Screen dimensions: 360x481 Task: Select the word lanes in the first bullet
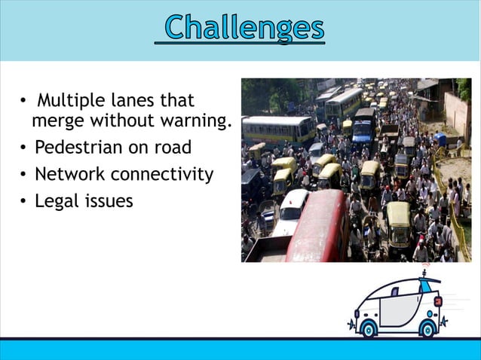[136, 100]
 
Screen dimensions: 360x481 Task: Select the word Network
[69, 175]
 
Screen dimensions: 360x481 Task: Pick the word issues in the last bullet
[108, 201]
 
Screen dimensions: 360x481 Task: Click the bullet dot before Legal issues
[24, 202]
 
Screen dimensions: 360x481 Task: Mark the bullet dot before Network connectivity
[24, 175]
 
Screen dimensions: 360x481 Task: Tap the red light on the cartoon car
[437, 301]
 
